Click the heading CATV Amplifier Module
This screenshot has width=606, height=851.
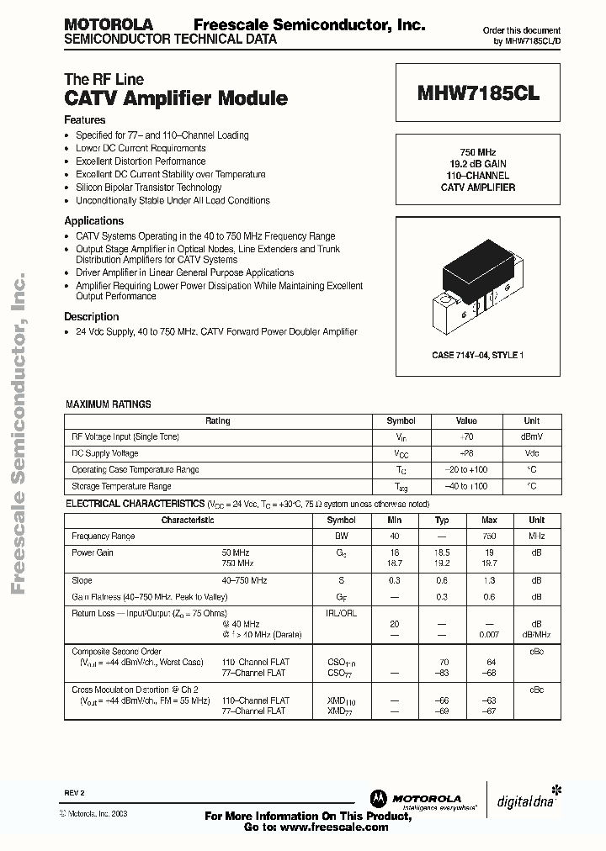(176, 98)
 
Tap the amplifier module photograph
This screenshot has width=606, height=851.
(478, 283)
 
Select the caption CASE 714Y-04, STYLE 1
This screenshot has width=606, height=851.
(478, 356)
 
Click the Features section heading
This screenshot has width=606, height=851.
(85, 120)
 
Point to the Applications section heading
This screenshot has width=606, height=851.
(93, 221)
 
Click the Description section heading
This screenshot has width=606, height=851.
(92, 317)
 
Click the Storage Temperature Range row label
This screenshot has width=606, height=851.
(121, 486)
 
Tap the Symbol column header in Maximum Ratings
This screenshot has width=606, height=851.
(401, 420)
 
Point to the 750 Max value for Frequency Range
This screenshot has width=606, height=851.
(489, 536)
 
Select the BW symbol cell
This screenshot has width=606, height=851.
(342, 536)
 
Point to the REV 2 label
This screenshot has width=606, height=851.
(74, 793)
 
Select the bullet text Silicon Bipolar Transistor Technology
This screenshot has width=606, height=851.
(149, 188)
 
